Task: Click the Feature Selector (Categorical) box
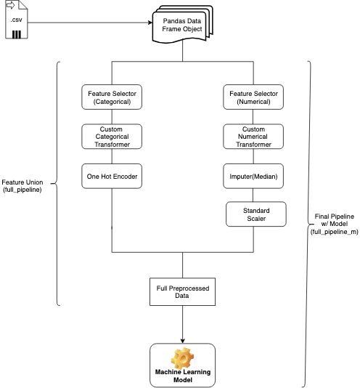coord(112,98)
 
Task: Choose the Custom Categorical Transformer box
coord(112,137)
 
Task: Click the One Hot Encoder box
coord(112,176)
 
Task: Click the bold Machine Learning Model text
coord(182,376)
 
